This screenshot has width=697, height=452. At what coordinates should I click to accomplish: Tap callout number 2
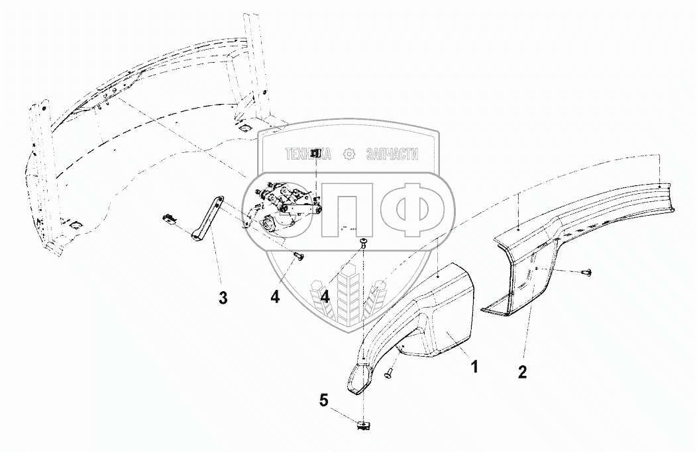pyautogui.click(x=522, y=372)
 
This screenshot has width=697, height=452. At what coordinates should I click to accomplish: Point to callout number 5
pyautogui.click(x=323, y=400)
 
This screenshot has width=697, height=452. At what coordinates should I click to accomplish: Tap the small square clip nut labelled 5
pyautogui.click(x=363, y=424)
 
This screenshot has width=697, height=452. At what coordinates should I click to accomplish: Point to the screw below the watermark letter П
pyautogui.click(x=364, y=244)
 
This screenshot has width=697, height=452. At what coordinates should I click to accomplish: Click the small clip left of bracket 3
pyautogui.click(x=170, y=219)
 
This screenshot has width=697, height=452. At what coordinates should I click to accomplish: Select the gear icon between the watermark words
pyautogui.click(x=348, y=155)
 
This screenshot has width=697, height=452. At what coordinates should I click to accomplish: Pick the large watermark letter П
pyautogui.click(x=348, y=209)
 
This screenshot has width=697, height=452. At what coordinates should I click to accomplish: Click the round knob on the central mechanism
pyautogui.click(x=270, y=226)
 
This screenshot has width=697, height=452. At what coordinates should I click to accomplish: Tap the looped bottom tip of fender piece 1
pyautogui.click(x=358, y=382)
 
